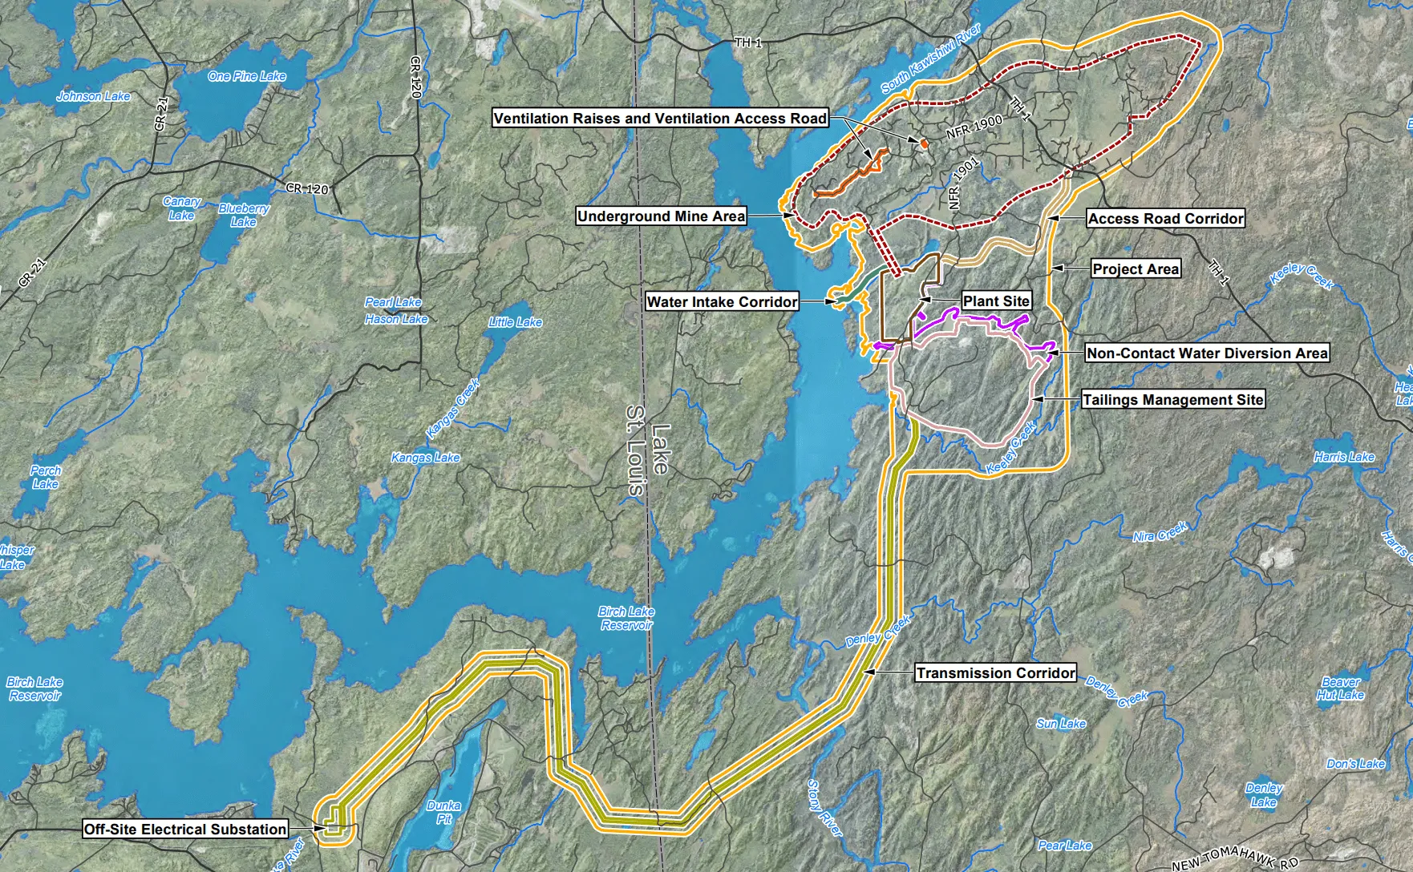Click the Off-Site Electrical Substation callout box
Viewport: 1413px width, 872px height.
tap(185, 830)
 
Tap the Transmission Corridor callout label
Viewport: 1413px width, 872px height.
tap(995, 673)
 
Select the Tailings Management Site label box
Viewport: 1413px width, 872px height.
tap(1172, 400)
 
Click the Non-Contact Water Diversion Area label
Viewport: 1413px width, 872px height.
tap(1206, 353)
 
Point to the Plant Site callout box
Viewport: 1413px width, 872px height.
tap(996, 301)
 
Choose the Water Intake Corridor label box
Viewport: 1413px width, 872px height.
tap(722, 302)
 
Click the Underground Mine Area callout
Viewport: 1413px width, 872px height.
tap(661, 216)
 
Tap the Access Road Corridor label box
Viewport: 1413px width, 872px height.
tap(1165, 219)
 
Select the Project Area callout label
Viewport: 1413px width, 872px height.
tap(1136, 269)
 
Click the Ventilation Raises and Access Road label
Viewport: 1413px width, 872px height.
tap(659, 119)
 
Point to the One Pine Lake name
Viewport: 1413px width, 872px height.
tap(247, 77)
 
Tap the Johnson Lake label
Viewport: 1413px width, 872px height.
tap(93, 96)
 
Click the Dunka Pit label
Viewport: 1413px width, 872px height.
tap(443, 812)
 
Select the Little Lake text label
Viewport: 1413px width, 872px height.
tap(516, 322)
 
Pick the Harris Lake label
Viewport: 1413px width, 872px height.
tap(1344, 457)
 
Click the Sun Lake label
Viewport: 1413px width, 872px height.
tap(1060, 724)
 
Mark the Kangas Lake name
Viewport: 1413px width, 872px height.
tap(425, 458)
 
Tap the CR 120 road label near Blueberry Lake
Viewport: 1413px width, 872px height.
tap(308, 189)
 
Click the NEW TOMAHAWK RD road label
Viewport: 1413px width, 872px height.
tap(1234, 859)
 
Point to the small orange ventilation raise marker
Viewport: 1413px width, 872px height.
tap(924, 143)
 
